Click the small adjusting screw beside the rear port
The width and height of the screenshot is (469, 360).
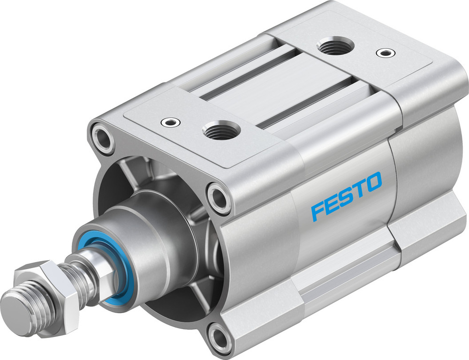click(386, 53)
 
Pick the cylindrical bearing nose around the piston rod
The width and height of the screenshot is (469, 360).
click(141, 248)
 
